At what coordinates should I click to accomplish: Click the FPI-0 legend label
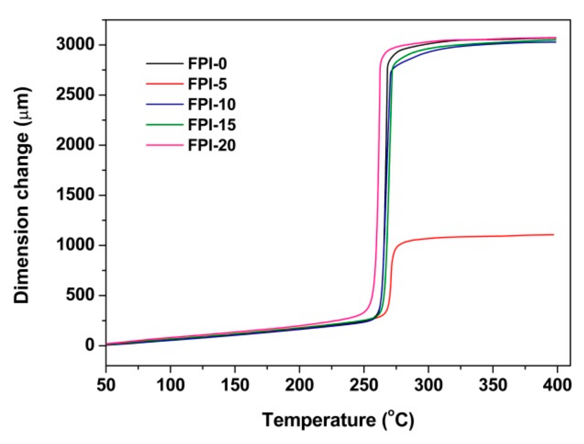[x=208, y=64]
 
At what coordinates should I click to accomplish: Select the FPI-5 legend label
[x=208, y=84]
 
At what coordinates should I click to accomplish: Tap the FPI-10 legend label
[x=212, y=105]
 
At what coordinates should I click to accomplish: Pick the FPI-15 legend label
[x=212, y=125]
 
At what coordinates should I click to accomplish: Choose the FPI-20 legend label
[x=212, y=145]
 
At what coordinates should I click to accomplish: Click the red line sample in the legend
[x=164, y=84]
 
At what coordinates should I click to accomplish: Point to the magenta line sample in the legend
[x=164, y=145]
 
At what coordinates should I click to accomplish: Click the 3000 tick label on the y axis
[x=75, y=45]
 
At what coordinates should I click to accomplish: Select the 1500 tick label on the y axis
[x=75, y=195]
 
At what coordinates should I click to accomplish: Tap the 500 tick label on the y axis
[x=80, y=295]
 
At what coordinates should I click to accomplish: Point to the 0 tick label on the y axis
[x=89, y=345]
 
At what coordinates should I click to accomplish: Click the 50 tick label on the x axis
[x=106, y=385]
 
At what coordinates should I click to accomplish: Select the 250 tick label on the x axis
[x=364, y=385]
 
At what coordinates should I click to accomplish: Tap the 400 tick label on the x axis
[x=557, y=385]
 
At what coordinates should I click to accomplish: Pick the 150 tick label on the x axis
[x=235, y=385]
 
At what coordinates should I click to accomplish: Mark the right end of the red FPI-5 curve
[x=554, y=235]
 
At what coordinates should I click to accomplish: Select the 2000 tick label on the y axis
[x=75, y=145]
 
